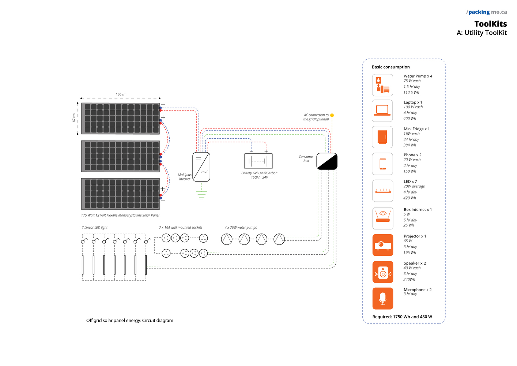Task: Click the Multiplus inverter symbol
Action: tap(201, 167)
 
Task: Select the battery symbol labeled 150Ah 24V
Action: tap(258, 161)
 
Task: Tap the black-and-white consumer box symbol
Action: tap(327, 161)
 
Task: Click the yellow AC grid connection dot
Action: tap(332, 115)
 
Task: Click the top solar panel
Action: tap(120, 118)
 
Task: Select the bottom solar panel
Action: tap(120, 194)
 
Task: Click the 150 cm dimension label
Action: tap(121, 94)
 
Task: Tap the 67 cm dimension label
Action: tap(74, 118)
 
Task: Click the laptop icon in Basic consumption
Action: tap(382, 111)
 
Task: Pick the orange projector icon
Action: tap(382, 245)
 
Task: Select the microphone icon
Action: tap(382, 298)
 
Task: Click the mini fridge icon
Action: tap(382, 137)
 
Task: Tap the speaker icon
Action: tap(382, 272)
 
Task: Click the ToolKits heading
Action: tap(490, 24)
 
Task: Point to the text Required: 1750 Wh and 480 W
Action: tap(402, 317)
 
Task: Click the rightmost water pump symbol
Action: tap(279, 239)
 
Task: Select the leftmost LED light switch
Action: tap(84, 241)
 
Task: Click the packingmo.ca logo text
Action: tap(487, 12)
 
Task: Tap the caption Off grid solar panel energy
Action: tap(129, 321)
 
